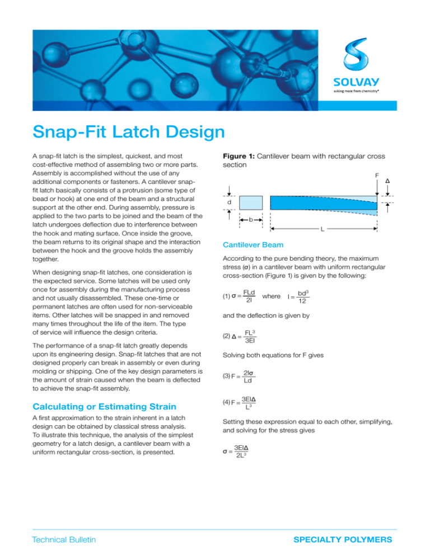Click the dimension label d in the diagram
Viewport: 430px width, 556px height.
236,201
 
